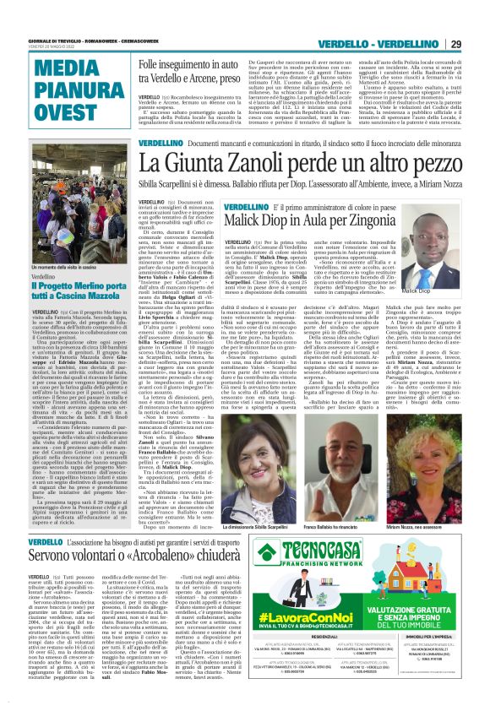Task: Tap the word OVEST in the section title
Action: click(55, 112)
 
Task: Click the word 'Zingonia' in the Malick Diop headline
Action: click(369, 222)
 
